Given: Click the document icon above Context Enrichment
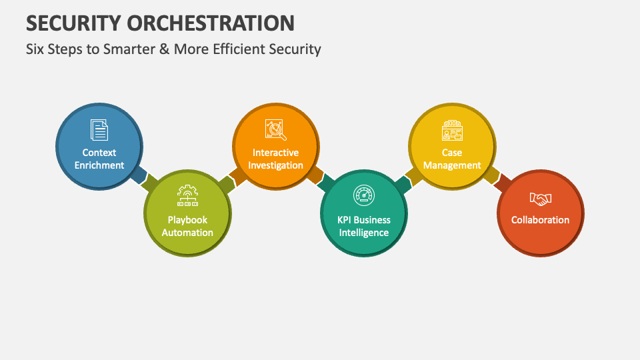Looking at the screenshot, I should [x=99, y=130].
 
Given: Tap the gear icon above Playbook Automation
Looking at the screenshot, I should [x=187, y=195].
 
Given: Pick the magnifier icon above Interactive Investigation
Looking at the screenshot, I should [x=275, y=130].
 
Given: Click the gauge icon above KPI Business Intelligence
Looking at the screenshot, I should [x=363, y=195].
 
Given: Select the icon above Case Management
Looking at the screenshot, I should [x=452, y=131].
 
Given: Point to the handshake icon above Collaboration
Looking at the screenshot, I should [x=540, y=199].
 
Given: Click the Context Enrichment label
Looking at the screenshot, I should [x=99, y=159].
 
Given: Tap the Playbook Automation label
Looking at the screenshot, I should [x=187, y=226].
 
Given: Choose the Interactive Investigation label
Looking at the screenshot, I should [x=275, y=159].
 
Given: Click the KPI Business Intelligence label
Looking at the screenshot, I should [x=363, y=226].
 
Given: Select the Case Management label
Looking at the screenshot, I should [x=452, y=159].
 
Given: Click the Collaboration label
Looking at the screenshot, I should [x=540, y=220].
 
